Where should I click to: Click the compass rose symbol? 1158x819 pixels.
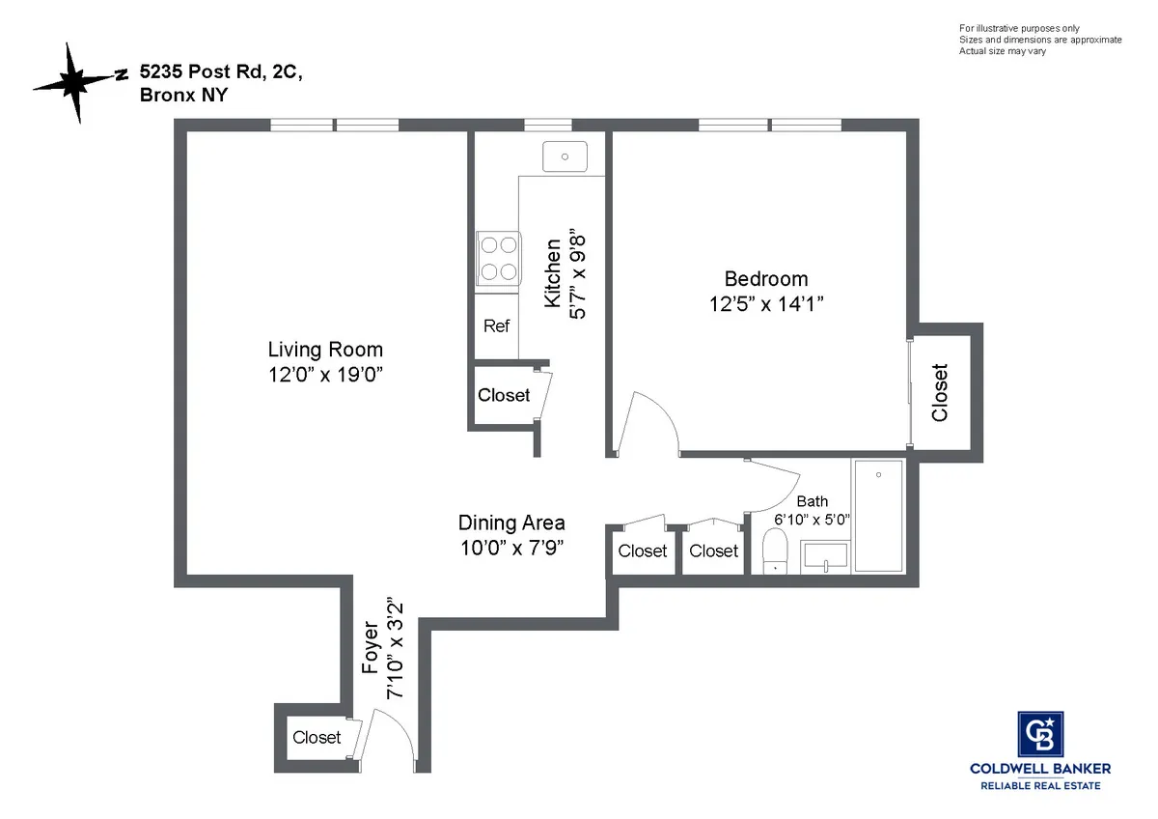point(75,83)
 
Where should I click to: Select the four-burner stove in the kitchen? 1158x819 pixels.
point(496,259)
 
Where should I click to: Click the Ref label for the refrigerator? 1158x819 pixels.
point(496,326)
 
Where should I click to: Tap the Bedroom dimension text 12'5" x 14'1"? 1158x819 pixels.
point(767,302)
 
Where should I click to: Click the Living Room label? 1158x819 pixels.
point(325,350)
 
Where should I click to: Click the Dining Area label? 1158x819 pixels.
point(511,522)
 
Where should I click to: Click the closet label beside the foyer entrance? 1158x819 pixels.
point(317,737)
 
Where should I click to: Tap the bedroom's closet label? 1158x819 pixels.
point(940,392)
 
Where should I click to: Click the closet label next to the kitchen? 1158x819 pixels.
point(504,395)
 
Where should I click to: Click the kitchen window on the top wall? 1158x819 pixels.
point(547,125)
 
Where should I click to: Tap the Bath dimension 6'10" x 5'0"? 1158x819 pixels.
point(811,519)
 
